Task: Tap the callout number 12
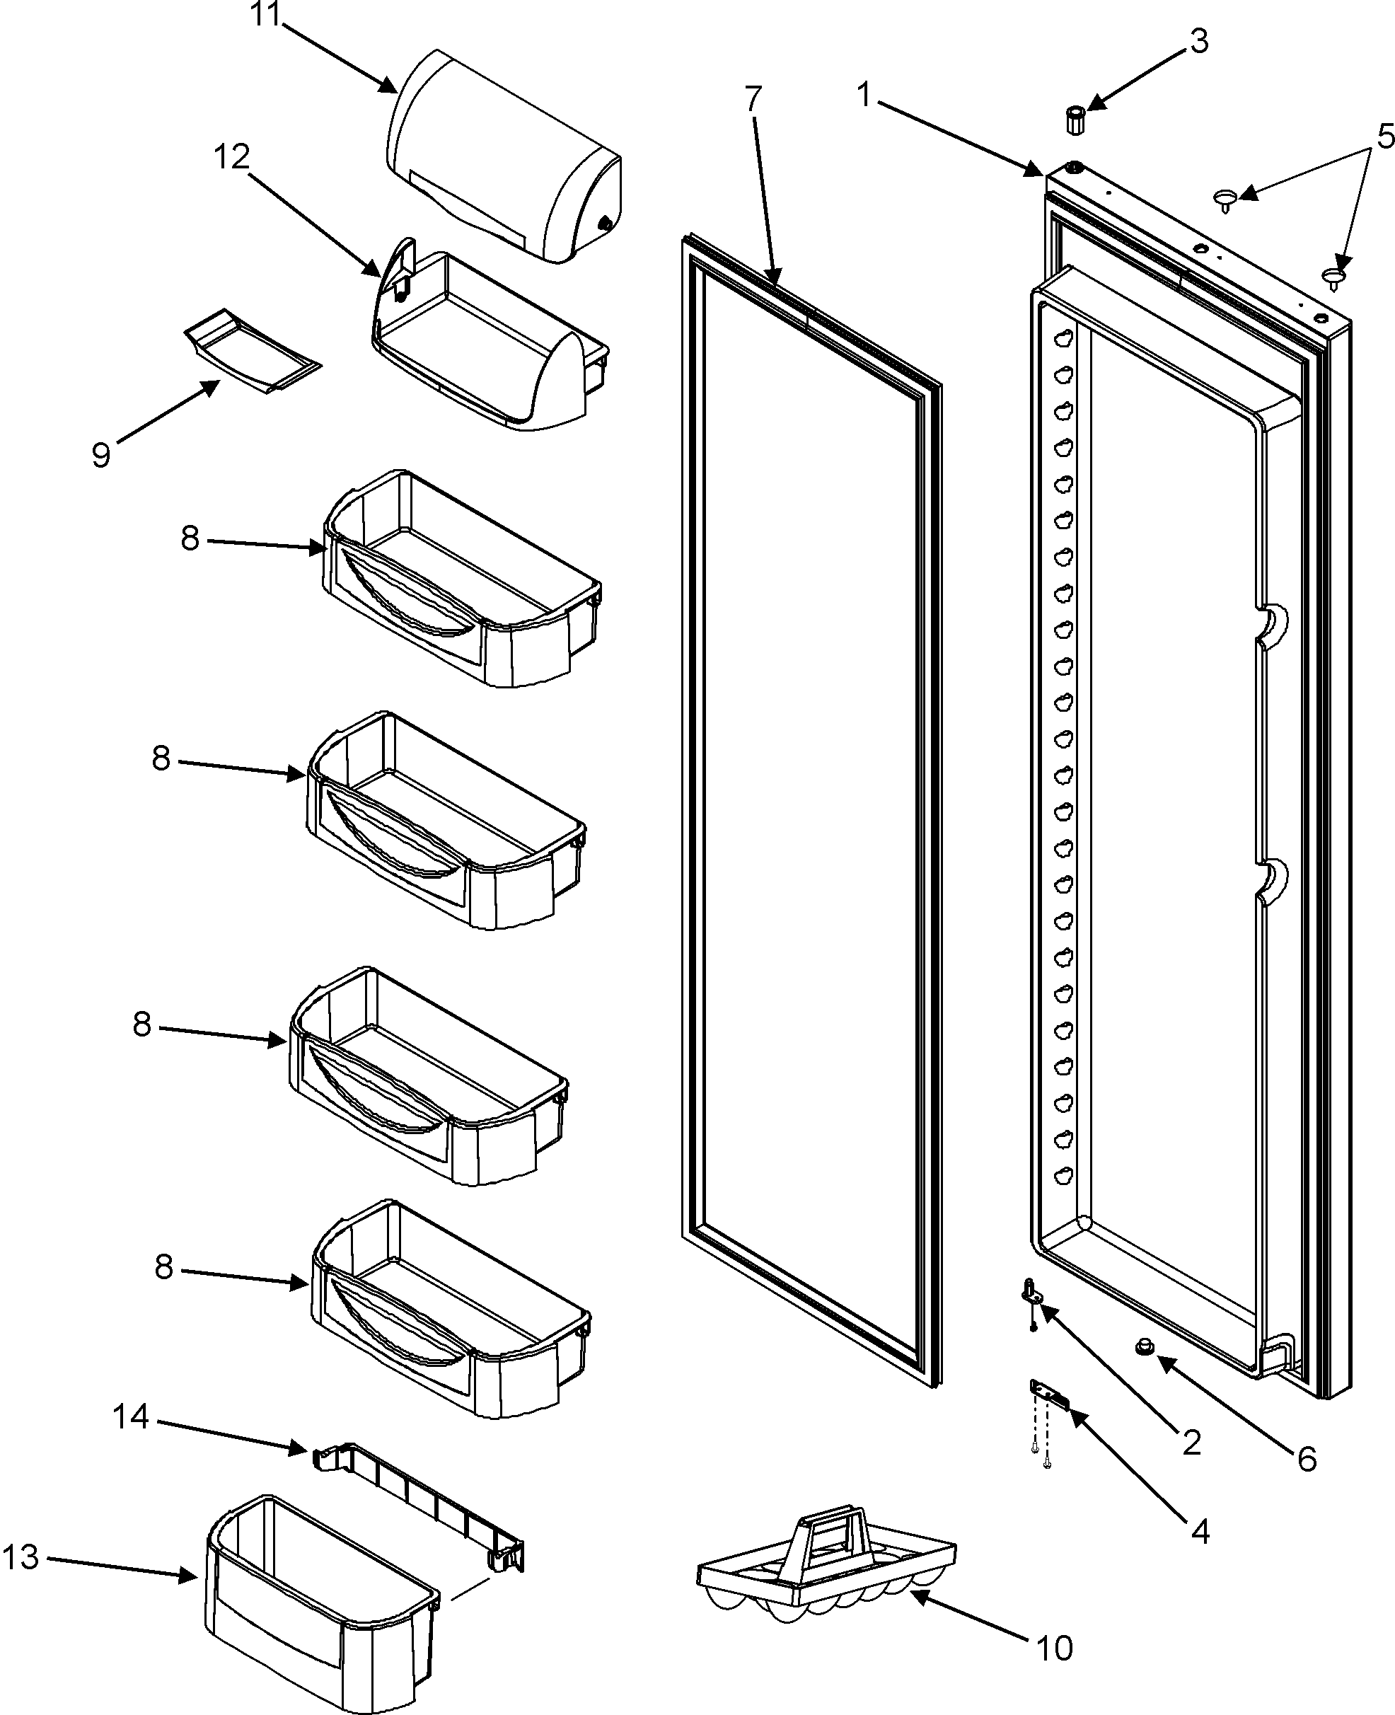[x=231, y=158]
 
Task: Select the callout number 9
[x=100, y=456]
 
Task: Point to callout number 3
[x=1198, y=41]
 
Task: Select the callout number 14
[x=130, y=1417]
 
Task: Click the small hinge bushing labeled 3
[x=1075, y=120]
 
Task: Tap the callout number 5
[x=1384, y=137]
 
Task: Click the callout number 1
[x=864, y=96]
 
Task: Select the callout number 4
[x=1199, y=1532]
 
